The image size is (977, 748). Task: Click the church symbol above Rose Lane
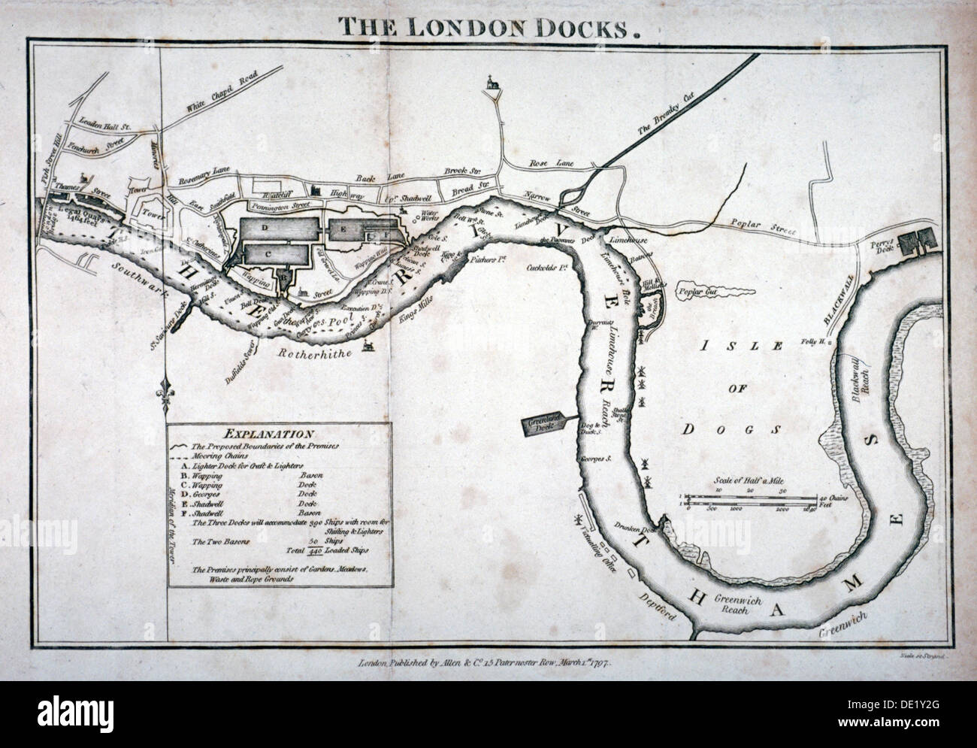pyautogui.click(x=492, y=83)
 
